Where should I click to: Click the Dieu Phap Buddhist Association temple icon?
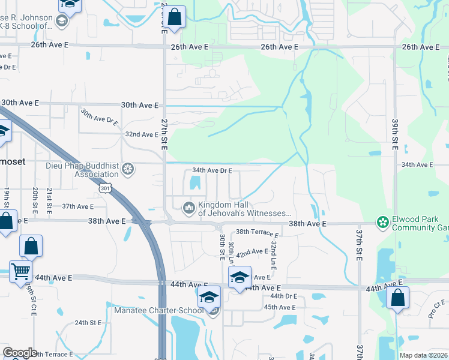click(x=127, y=169)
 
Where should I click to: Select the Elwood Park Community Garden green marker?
click(x=382, y=223)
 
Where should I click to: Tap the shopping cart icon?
click(x=20, y=271)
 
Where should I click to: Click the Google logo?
click(x=20, y=353)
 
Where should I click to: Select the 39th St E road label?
click(x=395, y=134)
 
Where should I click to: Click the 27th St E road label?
click(x=164, y=134)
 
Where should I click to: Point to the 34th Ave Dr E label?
click(x=211, y=170)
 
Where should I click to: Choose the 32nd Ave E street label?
click(x=141, y=134)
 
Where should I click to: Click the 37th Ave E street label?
click(x=78, y=206)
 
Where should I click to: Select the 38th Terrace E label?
click(x=258, y=232)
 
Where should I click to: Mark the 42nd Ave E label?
click(x=252, y=253)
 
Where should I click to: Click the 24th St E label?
click(x=88, y=322)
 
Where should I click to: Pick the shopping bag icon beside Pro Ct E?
click(x=397, y=298)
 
